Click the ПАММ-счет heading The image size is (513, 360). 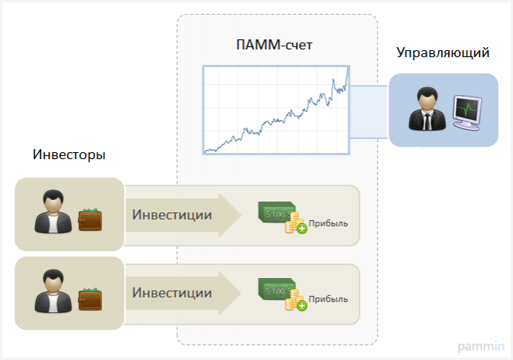274,46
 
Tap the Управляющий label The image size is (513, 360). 443,53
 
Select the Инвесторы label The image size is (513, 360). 69,154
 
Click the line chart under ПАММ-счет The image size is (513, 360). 276,110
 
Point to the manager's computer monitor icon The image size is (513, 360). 466,112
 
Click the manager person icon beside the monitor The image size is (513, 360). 425,110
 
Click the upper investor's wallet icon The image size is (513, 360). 90,219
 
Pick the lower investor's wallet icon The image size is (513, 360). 90,297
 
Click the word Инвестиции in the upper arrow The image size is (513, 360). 172,215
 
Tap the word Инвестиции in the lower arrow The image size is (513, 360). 172,293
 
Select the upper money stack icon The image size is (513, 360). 277,213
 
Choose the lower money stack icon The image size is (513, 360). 277,291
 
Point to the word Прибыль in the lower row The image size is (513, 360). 328,299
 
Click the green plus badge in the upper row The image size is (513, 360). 301,229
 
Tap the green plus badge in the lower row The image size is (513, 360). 301,306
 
